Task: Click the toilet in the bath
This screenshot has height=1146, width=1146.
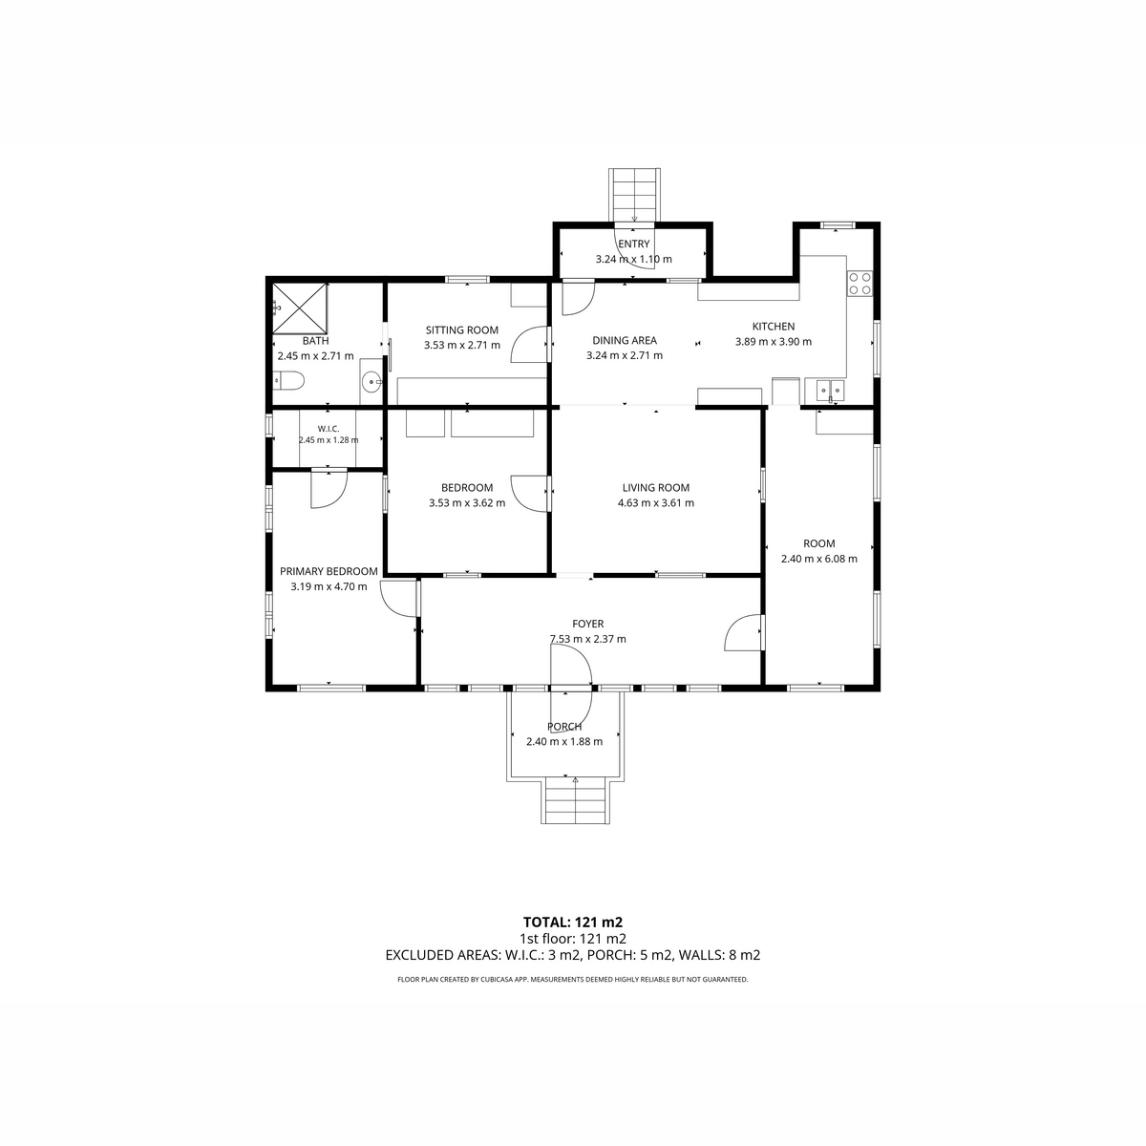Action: (288, 379)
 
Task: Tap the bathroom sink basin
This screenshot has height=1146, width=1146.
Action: (371, 382)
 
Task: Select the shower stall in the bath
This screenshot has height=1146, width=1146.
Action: (300, 308)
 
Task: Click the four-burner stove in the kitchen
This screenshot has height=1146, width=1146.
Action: (859, 284)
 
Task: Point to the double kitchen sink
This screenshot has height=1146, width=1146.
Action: (830, 391)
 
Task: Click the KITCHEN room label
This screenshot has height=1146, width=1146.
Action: (774, 327)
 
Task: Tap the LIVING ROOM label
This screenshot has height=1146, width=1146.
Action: (655, 488)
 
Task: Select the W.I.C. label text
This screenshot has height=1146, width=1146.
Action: (329, 429)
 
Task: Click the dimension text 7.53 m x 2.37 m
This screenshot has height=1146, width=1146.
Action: (587, 639)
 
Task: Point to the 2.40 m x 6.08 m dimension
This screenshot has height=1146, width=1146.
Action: (818, 559)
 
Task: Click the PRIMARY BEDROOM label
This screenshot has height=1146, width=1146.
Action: (329, 571)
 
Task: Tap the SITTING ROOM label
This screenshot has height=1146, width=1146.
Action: (462, 330)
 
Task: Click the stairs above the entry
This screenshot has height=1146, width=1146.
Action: (634, 196)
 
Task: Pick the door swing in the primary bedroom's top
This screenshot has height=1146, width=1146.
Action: (329, 490)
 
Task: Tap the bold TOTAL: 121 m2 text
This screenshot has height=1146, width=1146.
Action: (573, 923)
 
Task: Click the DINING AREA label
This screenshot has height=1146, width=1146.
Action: (625, 341)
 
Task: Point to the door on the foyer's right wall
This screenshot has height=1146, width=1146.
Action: (743, 632)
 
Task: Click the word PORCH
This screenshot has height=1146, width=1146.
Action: (564, 727)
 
